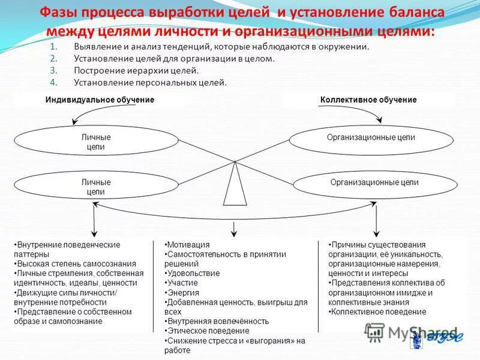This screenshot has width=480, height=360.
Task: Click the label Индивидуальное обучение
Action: (x=100, y=100)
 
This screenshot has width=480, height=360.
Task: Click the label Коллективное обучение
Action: (x=368, y=100)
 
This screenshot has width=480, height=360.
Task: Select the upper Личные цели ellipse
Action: (x=96, y=142)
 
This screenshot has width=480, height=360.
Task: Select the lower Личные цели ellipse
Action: (x=96, y=187)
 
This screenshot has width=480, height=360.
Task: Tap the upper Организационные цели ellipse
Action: (x=371, y=138)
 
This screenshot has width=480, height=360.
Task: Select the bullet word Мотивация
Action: (x=189, y=245)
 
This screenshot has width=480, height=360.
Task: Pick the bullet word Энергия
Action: (x=184, y=292)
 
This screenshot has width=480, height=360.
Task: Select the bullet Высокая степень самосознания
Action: (x=77, y=263)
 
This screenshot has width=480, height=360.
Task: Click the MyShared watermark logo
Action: (x=414, y=333)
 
